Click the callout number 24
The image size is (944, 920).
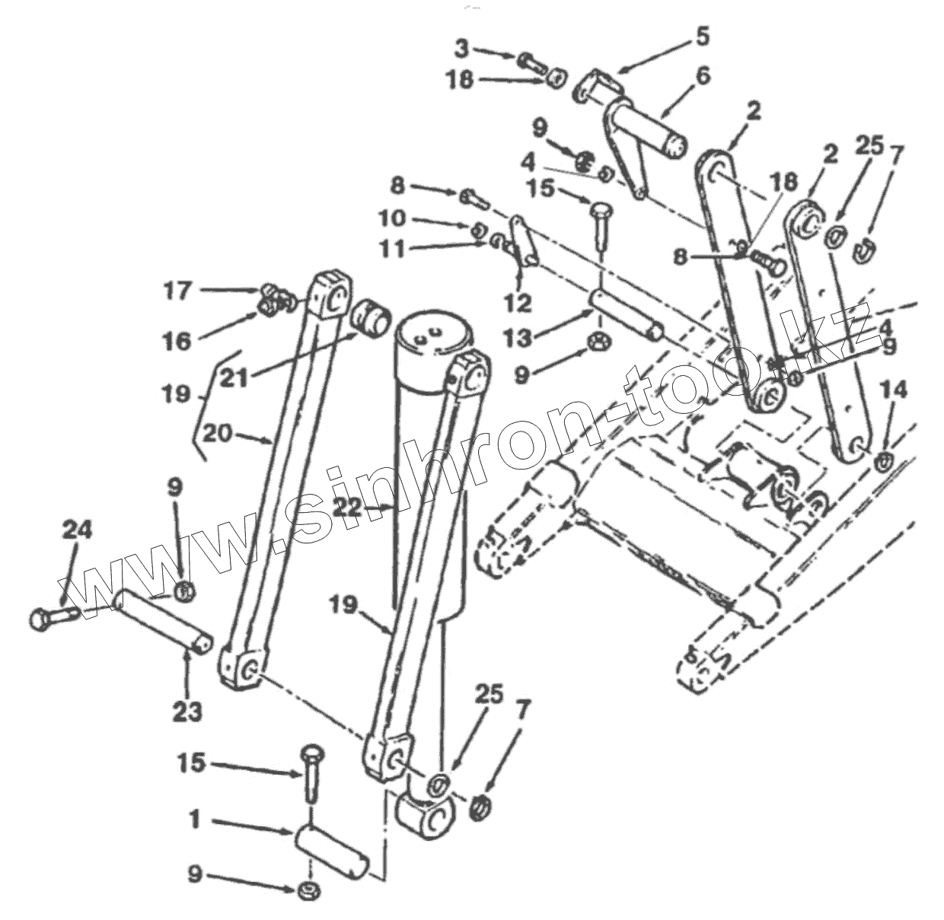78,530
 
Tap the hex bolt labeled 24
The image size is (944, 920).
49,617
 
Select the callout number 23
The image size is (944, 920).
187,711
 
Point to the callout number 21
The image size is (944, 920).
234,377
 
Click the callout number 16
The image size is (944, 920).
177,341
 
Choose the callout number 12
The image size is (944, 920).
518,303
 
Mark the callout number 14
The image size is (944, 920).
894,390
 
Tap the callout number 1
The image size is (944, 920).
195,820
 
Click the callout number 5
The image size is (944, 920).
701,35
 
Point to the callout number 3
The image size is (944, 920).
462,49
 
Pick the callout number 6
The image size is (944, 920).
703,75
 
